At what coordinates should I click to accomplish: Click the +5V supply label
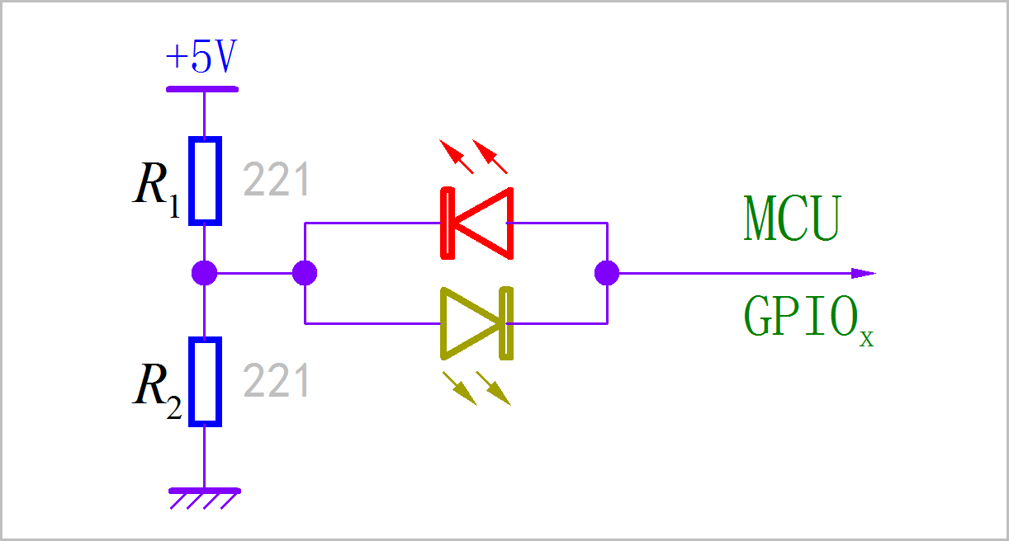click(x=201, y=56)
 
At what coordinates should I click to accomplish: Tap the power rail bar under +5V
click(x=202, y=89)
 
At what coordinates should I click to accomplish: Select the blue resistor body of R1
click(x=205, y=181)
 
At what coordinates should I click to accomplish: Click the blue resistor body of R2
click(x=205, y=381)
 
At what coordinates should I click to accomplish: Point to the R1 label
click(x=156, y=190)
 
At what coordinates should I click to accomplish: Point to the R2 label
click(x=157, y=391)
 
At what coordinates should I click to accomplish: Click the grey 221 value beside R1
click(x=276, y=179)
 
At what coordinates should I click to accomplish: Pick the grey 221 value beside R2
click(x=276, y=380)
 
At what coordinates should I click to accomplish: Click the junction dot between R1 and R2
click(x=205, y=273)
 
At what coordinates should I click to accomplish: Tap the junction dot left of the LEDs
click(x=305, y=273)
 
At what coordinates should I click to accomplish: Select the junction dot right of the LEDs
click(x=607, y=273)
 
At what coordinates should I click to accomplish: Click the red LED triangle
click(x=484, y=223)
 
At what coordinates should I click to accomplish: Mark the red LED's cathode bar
click(x=448, y=223)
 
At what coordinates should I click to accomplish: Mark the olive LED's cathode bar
click(x=506, y=323)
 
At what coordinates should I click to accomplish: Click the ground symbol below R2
click(x=205, y=499)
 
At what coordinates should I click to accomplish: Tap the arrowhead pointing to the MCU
click(x=864, y=273)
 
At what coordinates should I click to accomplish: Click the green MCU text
click(x=793, y=219)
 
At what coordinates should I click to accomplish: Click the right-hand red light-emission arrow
click(x=490, y=157)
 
